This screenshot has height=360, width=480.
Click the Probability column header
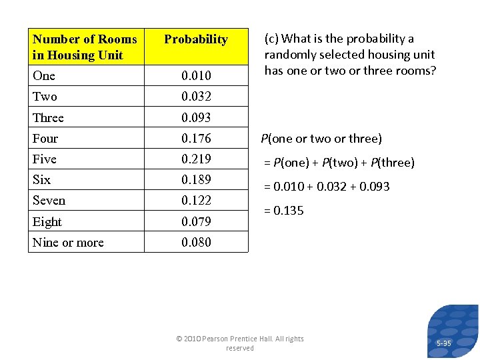click(195, 40)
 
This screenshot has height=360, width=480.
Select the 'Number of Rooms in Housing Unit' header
click(85, 47)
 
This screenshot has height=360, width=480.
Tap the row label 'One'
click(44, 75)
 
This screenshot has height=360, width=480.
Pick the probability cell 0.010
click(196, 76)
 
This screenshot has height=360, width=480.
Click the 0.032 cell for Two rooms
click(196, 97)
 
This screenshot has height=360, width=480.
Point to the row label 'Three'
click(48, 118)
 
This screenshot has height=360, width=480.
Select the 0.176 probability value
click(196, 139)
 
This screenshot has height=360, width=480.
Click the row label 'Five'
click(45, 159)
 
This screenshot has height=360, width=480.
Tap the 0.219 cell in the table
click(196, 159)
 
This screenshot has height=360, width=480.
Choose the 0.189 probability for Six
click(196, 180)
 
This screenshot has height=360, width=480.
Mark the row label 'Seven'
click(49, 201)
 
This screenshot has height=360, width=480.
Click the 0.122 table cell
click(196, 201)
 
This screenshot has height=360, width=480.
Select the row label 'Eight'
click(47, 222)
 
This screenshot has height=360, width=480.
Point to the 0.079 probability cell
click(196, 222)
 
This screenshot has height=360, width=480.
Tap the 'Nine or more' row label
click(68, 243)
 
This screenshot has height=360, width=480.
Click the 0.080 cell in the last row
click(196, 243)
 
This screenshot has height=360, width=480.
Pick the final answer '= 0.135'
click(284, 211)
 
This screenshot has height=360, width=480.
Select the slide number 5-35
click(443, 343)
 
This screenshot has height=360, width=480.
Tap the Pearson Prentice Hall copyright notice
click(240, 343)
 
